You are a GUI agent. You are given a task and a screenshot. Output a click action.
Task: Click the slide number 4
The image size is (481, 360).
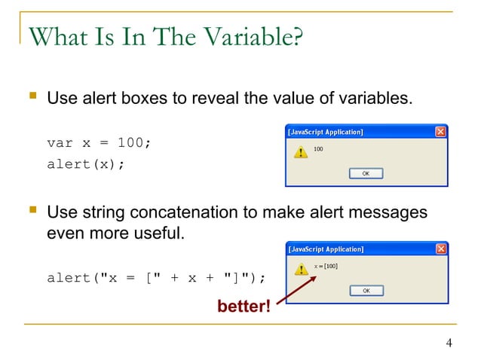(x=449, y=345)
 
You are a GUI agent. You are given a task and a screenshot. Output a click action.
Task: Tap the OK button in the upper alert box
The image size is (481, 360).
(x=366, y=173)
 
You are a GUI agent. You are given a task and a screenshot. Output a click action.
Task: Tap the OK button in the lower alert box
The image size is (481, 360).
(x=366, y=290)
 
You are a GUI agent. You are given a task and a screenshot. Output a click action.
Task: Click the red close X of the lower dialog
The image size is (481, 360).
(x=440, y=249)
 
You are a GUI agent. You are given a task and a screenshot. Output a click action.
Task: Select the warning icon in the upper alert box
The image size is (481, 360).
(x=300, y=152)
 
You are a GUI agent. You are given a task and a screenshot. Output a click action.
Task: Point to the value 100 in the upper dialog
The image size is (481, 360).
(x=318, y=149)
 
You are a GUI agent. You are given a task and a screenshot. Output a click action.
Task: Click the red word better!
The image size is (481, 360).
(x=244, y=307)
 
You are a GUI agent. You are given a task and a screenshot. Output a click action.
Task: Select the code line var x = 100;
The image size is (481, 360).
(x=99, y=143)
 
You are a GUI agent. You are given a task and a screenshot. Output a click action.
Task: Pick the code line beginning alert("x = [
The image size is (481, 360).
(x=156, y=278)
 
